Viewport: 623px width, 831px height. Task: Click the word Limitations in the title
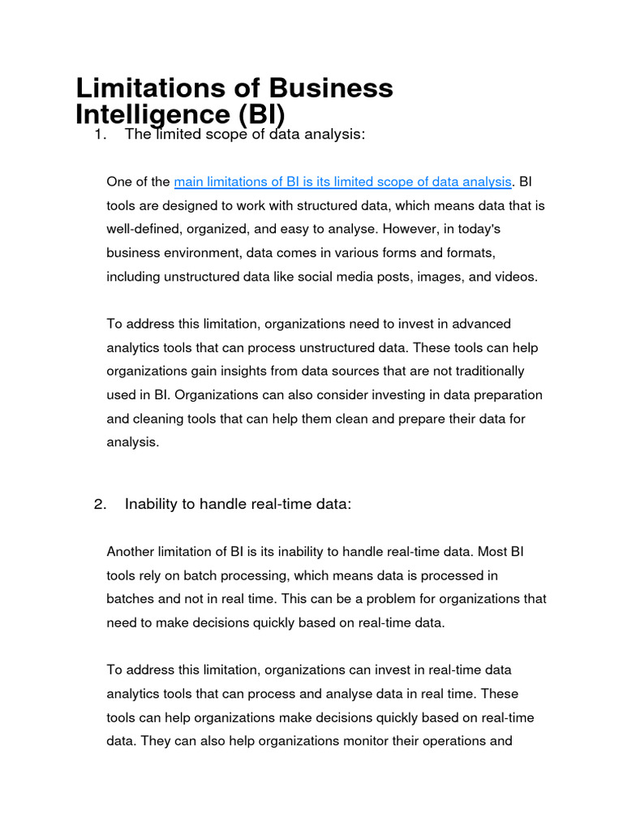[x=153, y=88]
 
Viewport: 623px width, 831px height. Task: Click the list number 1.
[x=100, y=135]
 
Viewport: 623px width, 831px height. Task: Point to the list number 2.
[x=100, y=504]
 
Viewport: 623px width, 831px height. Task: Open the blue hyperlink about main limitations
[x=343, y=182]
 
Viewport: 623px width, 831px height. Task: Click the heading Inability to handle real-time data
[x=238, y=504]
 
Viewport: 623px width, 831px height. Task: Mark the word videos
[x=516, y=277]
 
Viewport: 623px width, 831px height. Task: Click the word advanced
[x=481, y=324]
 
